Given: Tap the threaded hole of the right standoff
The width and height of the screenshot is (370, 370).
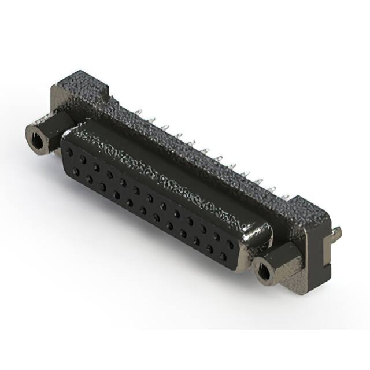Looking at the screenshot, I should (265, 269).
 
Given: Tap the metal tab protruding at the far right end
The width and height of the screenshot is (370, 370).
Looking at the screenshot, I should (337, 232).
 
